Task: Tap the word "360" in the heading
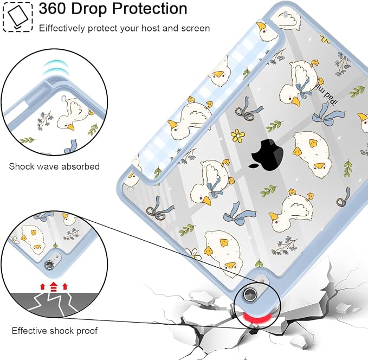[x=53, y=9]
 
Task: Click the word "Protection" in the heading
[x=150, y=9]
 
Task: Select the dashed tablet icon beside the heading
[x=17, y=17]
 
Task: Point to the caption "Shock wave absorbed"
[x=54, y=166]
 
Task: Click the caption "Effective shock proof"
[x=54, y=331]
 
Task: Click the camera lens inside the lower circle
[x=49, y=265]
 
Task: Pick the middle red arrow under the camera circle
[x=54, y=286]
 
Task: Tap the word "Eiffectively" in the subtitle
[x=62, y=28]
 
